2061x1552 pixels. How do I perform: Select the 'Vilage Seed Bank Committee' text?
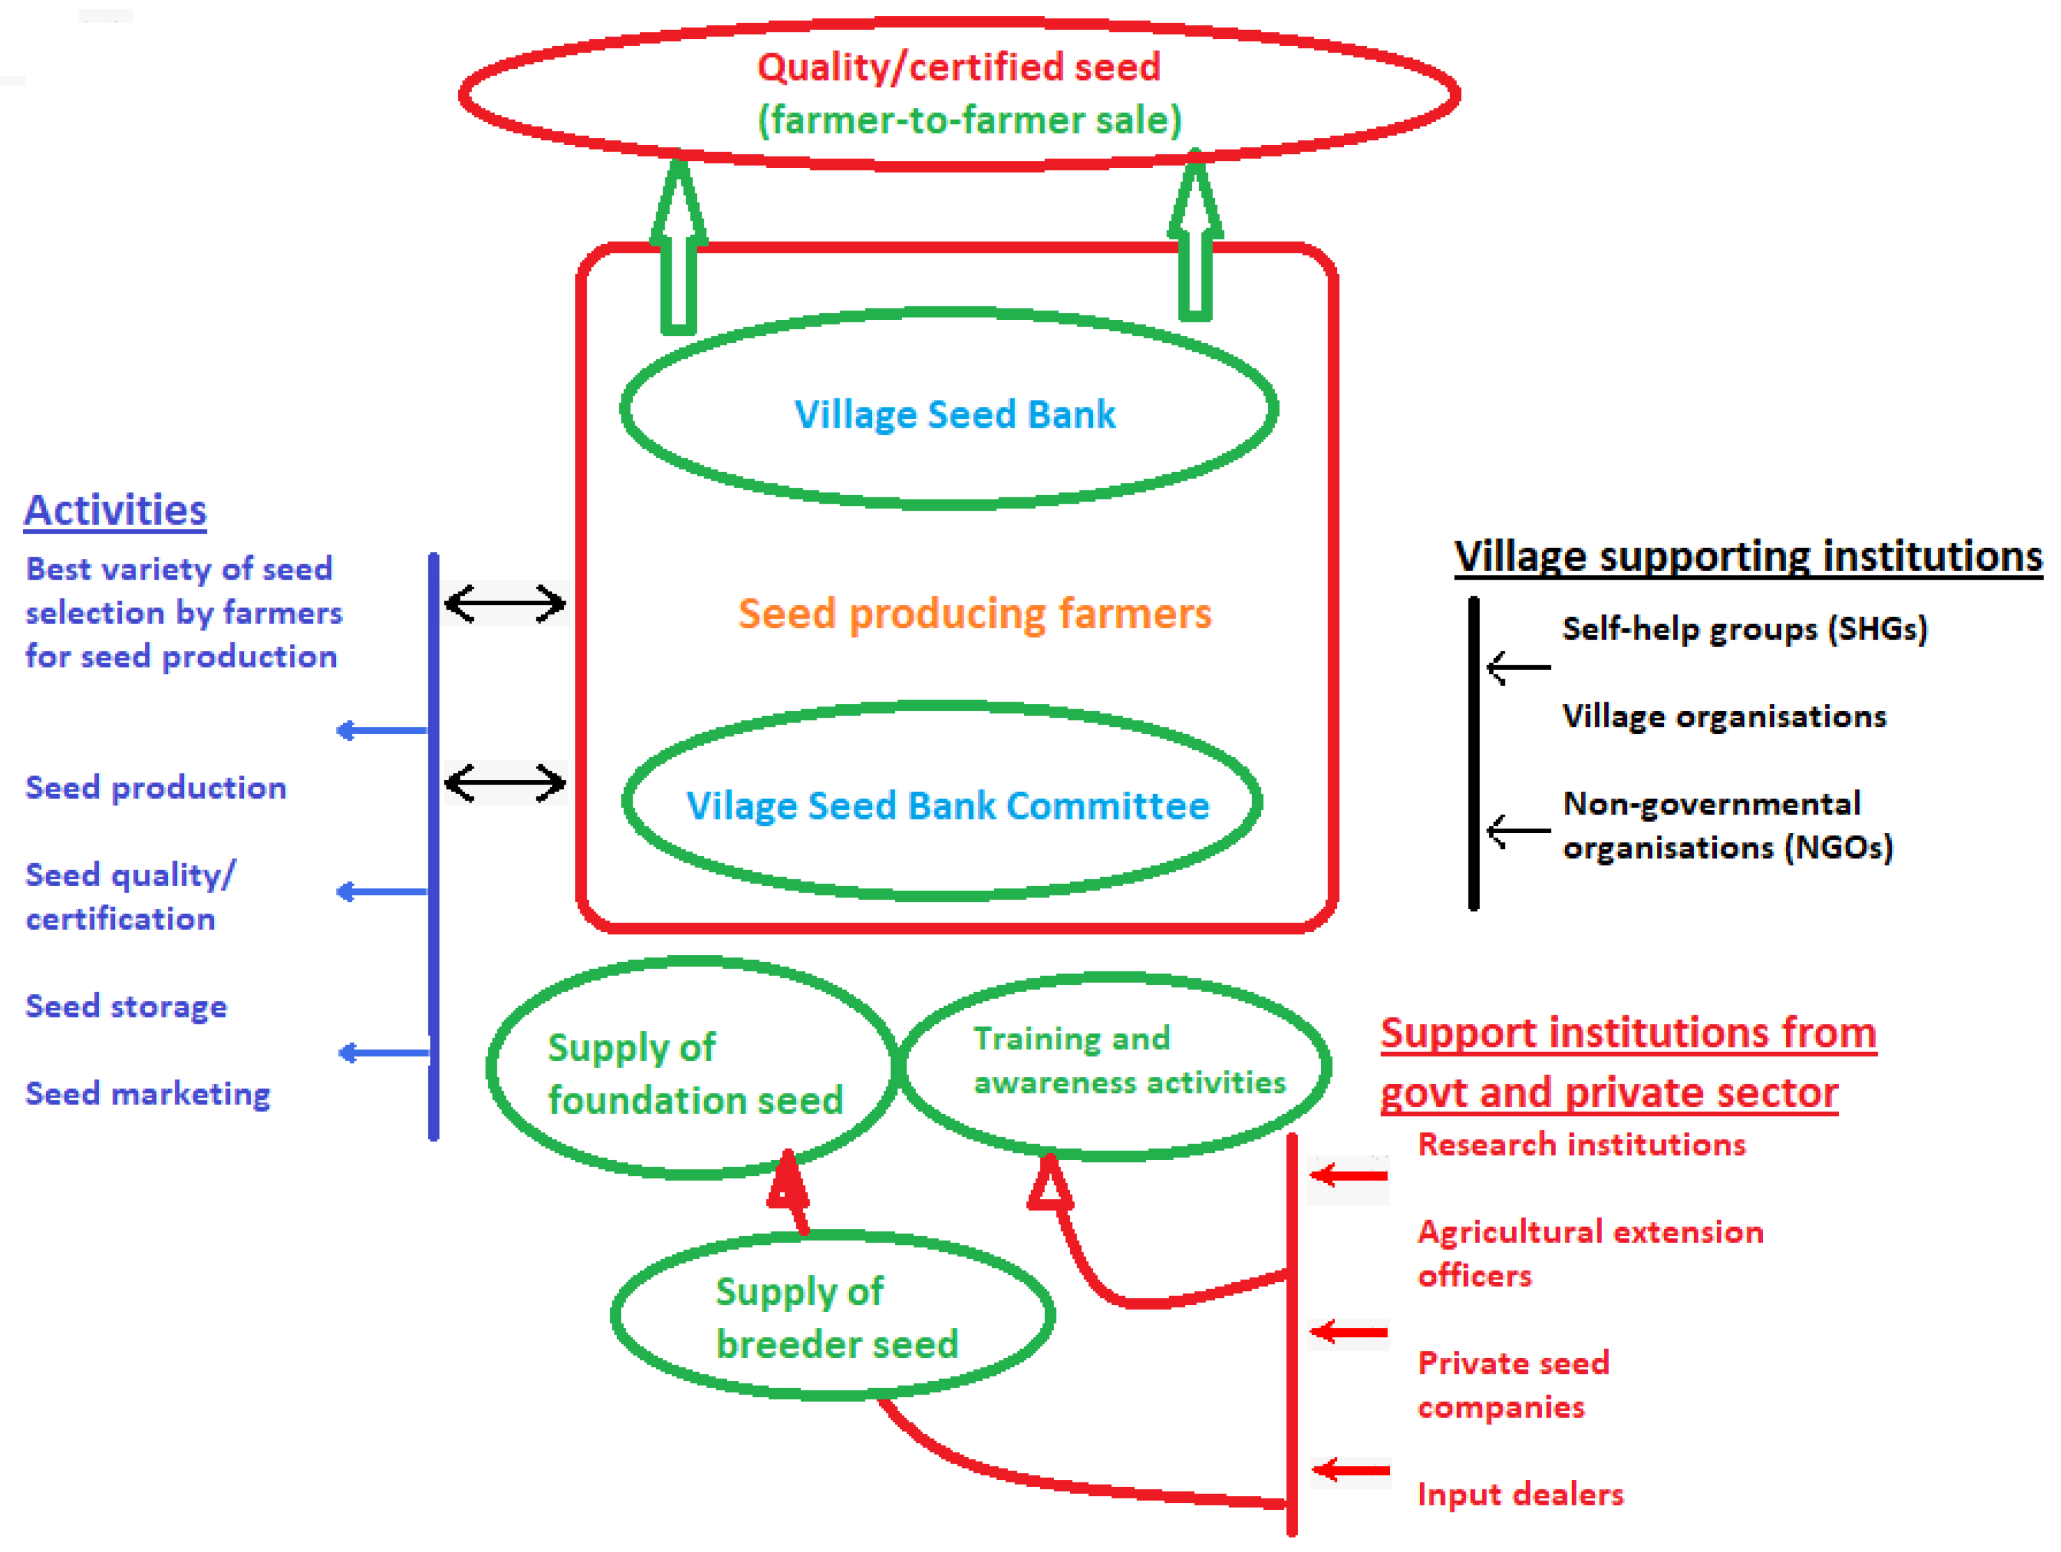point(947,806)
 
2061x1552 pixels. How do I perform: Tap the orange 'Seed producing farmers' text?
point(974,614)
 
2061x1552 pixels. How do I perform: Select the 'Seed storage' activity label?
point(126,1006)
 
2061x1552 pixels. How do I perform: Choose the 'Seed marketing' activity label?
point(147,1093)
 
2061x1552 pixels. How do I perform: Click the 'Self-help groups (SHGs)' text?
point(1744,629)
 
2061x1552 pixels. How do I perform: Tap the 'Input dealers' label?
point(1520,1495)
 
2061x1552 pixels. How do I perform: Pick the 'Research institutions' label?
point(1581,1144)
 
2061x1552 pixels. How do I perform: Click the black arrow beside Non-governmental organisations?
point(1517,830)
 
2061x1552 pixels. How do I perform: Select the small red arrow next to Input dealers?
point(1349,1470)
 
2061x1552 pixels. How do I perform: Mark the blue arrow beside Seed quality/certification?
point(382,891)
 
